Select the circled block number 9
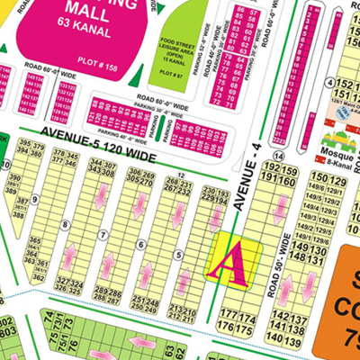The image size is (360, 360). click(x=34, y=198)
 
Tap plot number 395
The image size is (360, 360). click(x=24, y=144)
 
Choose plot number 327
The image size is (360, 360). click(x=62, y=282)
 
